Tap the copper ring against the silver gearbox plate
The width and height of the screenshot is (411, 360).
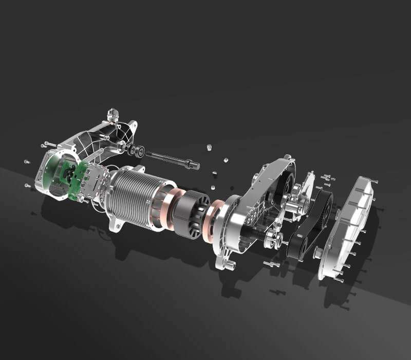tap(213, 219)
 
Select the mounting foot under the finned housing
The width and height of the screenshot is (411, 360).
tap(117, 226)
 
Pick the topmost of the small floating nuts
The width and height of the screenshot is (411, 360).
tap(210, 148)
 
